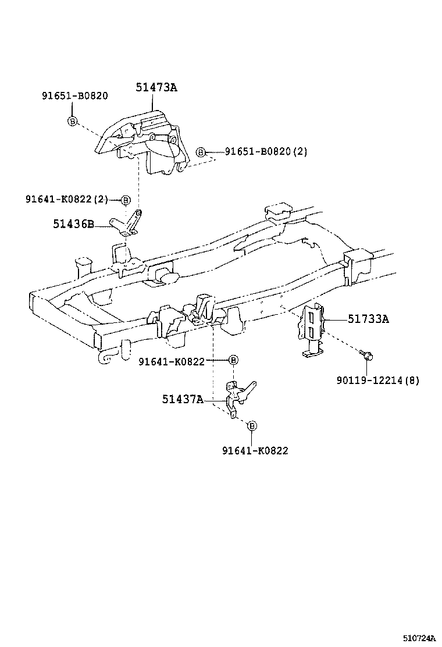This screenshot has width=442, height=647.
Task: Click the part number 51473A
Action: tap(156, 88)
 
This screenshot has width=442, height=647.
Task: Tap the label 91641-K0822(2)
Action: tap(66, 200)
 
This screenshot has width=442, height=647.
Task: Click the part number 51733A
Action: tap(368, 319)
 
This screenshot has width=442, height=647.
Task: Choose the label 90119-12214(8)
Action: tap(377, 381)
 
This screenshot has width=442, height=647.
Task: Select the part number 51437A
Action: tap(183, 399)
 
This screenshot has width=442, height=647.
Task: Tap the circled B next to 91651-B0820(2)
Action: tap(201, 152)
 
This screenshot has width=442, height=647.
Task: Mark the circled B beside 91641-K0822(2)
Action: tap(125, 200)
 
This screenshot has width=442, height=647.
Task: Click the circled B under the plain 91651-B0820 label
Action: tap(72, 121)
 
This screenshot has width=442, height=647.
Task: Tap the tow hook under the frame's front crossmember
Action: tap(108, 357)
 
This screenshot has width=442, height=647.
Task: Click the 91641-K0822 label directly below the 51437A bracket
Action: tap(255, 450)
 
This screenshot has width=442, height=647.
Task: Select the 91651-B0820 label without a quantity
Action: tap(74, 96)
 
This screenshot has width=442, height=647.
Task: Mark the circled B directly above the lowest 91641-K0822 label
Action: tap(252, 426)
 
